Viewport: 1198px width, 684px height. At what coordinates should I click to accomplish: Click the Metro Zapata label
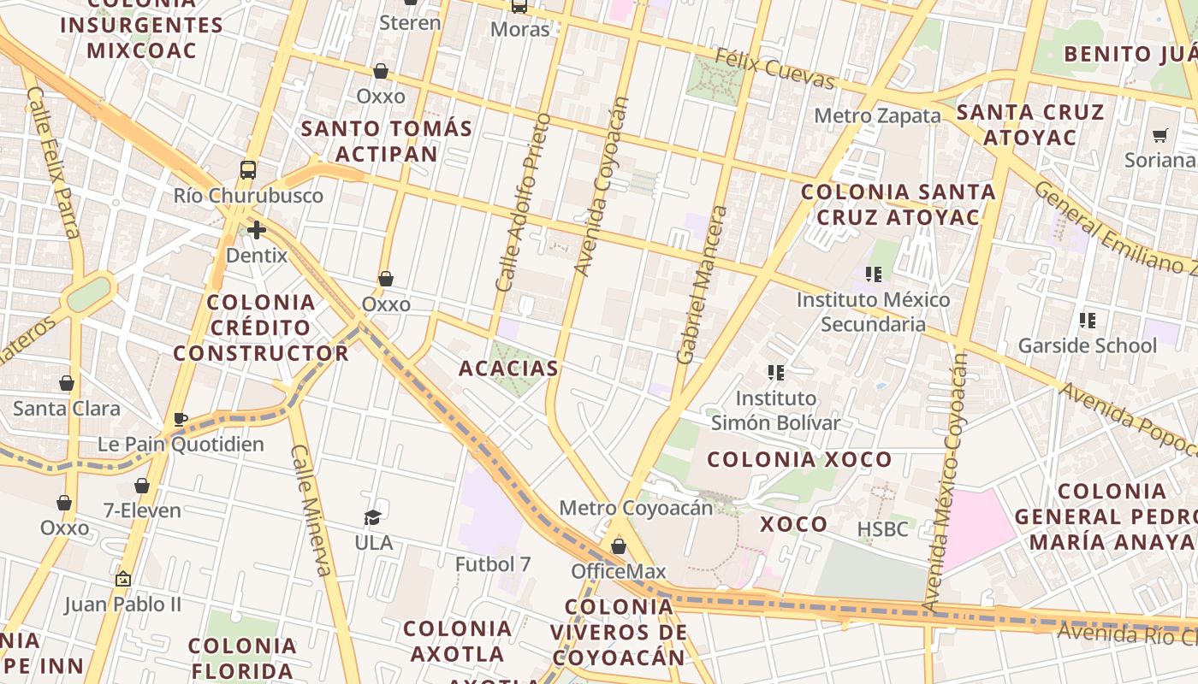point(877,115)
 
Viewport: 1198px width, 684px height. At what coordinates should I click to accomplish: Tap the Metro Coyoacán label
point(636,508)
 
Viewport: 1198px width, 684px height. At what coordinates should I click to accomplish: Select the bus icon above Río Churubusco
point(248,169)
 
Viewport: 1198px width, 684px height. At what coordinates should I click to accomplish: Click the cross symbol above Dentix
point(256,229)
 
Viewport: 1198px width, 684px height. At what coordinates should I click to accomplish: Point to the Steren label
point(410,23)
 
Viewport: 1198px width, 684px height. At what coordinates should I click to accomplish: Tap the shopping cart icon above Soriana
point(1160,135)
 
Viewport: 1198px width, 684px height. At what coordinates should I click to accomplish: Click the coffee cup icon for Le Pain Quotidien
point(181,419)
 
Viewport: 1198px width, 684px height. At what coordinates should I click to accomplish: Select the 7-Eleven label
point(142,511)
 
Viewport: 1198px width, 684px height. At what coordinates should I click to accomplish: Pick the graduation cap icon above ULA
point(372,517)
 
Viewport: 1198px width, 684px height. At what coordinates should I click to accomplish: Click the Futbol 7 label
point(494,564)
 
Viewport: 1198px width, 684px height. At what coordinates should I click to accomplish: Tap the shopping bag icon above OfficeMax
point(618,545)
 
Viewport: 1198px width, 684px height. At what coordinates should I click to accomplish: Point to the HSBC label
point(882,529)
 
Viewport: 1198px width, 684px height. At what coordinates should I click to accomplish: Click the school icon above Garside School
point(1087,321)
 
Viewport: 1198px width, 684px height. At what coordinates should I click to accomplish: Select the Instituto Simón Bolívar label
point(776,410)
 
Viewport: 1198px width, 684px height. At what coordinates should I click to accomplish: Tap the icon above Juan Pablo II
point(123,579)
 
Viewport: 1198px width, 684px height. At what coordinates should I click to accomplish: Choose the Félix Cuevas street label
point(774,69)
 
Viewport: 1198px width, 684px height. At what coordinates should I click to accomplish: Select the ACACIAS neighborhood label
point(508,369)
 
